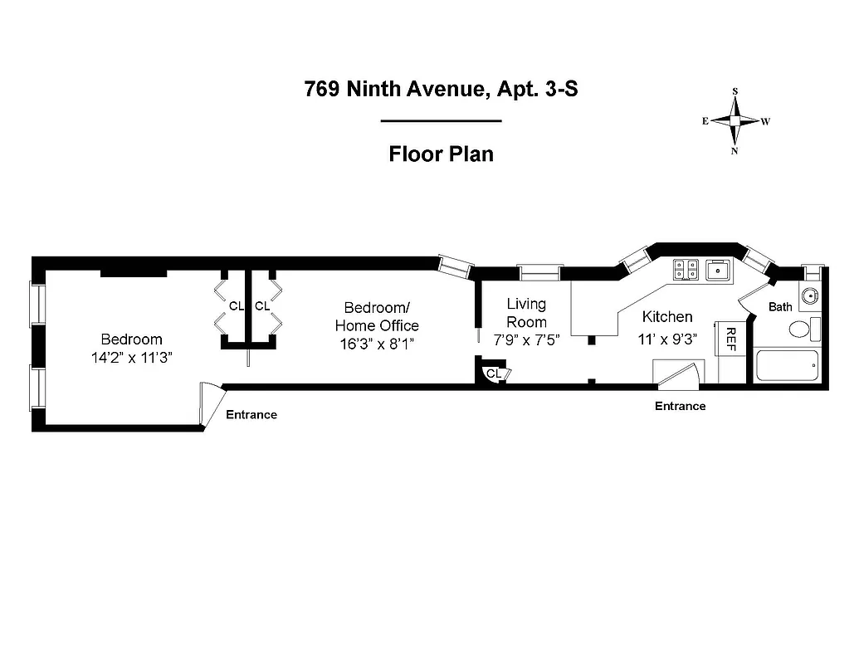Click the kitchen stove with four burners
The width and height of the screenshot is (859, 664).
[x=686, y=268]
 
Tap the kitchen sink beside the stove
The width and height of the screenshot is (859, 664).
[x=716, y=268]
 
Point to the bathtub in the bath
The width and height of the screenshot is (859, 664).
[x=787, y=365]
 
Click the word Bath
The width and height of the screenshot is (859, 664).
[x=780, y=307]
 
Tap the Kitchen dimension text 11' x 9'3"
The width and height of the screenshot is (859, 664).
[x=667, y=338]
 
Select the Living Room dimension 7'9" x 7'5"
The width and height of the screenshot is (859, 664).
[x=526, y=339]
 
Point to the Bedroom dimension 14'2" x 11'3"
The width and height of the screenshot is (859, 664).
[x=131, y=358]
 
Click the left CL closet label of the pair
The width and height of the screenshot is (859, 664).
[x=236, y=306]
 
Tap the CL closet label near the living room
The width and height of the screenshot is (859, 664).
[x=493, y=374]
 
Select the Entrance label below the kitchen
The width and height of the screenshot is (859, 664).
[x=680, y=406]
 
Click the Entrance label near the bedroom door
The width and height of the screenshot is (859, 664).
[x=251, y=414]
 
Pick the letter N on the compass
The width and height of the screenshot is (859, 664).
[x=735, y=151]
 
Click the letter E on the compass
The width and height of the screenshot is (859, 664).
[x=705, y=121]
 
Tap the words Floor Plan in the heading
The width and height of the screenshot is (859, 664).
[x=441, y=154]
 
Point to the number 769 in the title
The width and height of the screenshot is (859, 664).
[x=321, y=89]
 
